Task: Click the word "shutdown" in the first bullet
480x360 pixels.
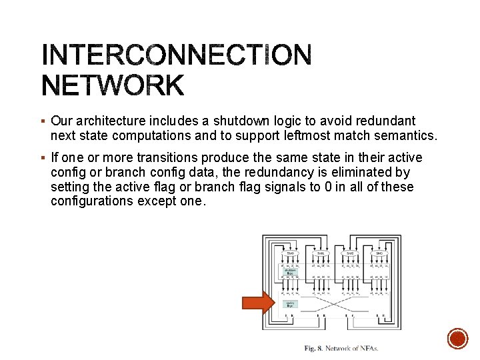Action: point(235,121)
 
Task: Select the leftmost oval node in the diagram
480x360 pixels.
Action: point(290,253)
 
